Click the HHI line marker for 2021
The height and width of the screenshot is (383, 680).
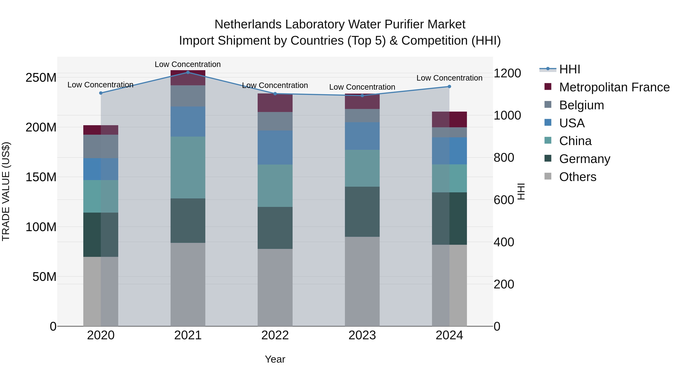pos(188,72)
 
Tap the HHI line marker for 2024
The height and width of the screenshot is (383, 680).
pos(449,86)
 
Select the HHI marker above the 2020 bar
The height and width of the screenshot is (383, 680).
pos(100,93)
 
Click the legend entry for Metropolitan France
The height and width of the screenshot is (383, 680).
pos(614,87)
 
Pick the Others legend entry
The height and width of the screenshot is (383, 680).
pos(578,177)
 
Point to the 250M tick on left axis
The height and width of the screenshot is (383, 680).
pos(41,78)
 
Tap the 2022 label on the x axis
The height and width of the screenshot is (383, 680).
pos(275,335)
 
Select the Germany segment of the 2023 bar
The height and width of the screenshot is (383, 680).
pos(362,211)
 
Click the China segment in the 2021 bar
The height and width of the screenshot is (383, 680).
pos(188,167)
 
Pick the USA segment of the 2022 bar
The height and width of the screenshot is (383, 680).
pos(275,148)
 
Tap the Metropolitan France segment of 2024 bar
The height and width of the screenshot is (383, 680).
pos(449,120)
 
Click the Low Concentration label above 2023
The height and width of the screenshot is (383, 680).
pos(362,87)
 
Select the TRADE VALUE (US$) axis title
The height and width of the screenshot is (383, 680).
pos(6,191)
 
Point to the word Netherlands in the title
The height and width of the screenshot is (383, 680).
pos(248,24)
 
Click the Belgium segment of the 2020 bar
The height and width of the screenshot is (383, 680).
pos(100,146)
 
